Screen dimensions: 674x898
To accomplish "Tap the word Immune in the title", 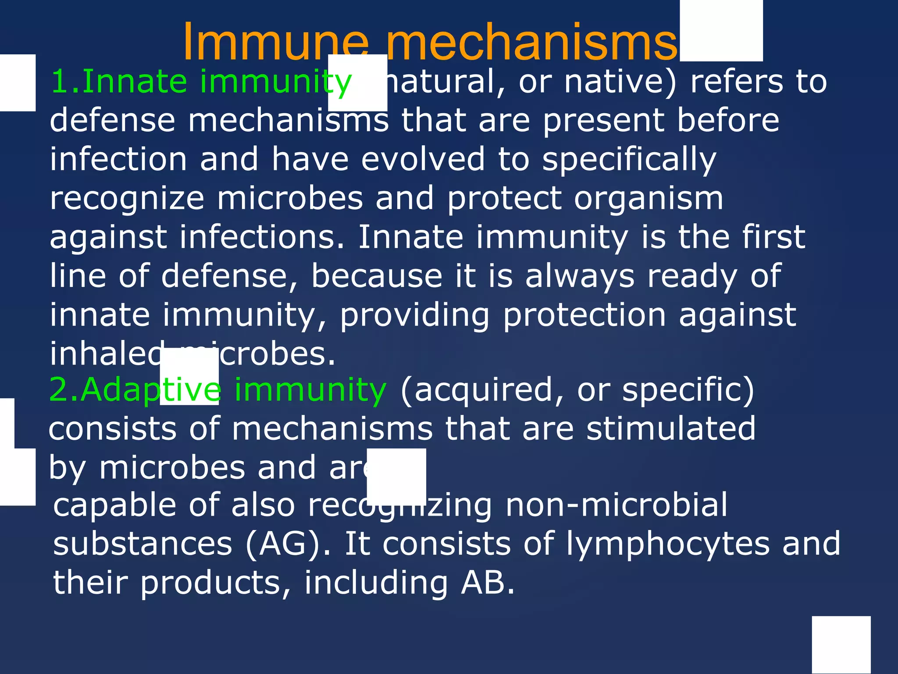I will tap(276, 43).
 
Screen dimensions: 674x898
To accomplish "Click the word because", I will tap(377, 276).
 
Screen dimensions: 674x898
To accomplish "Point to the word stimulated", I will tap(671, 429).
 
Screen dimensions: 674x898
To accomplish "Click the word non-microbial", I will tap(616, 505).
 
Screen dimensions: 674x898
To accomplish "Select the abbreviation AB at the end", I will tap(487, 583).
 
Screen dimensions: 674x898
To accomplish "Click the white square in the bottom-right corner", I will tap(841, 645).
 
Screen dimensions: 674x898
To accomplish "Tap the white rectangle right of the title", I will tap(721, 31).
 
